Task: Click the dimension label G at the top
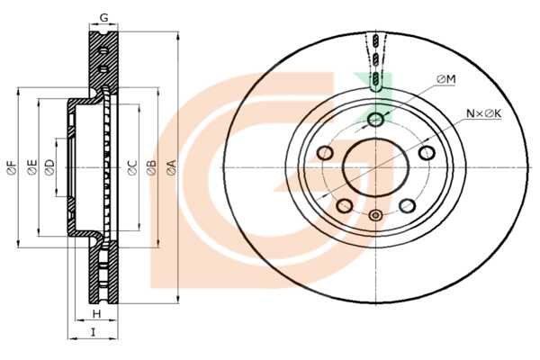[103, 17]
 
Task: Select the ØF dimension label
[12, 167]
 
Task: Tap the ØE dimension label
[31, 167]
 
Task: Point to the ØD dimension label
[49, 167]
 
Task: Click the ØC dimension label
[132, 167]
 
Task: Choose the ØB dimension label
[151, 167]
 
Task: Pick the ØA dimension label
[171, 167]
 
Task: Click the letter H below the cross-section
[97, 313]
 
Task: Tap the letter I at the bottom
[93, 332]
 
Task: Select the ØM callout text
[446, 79]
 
